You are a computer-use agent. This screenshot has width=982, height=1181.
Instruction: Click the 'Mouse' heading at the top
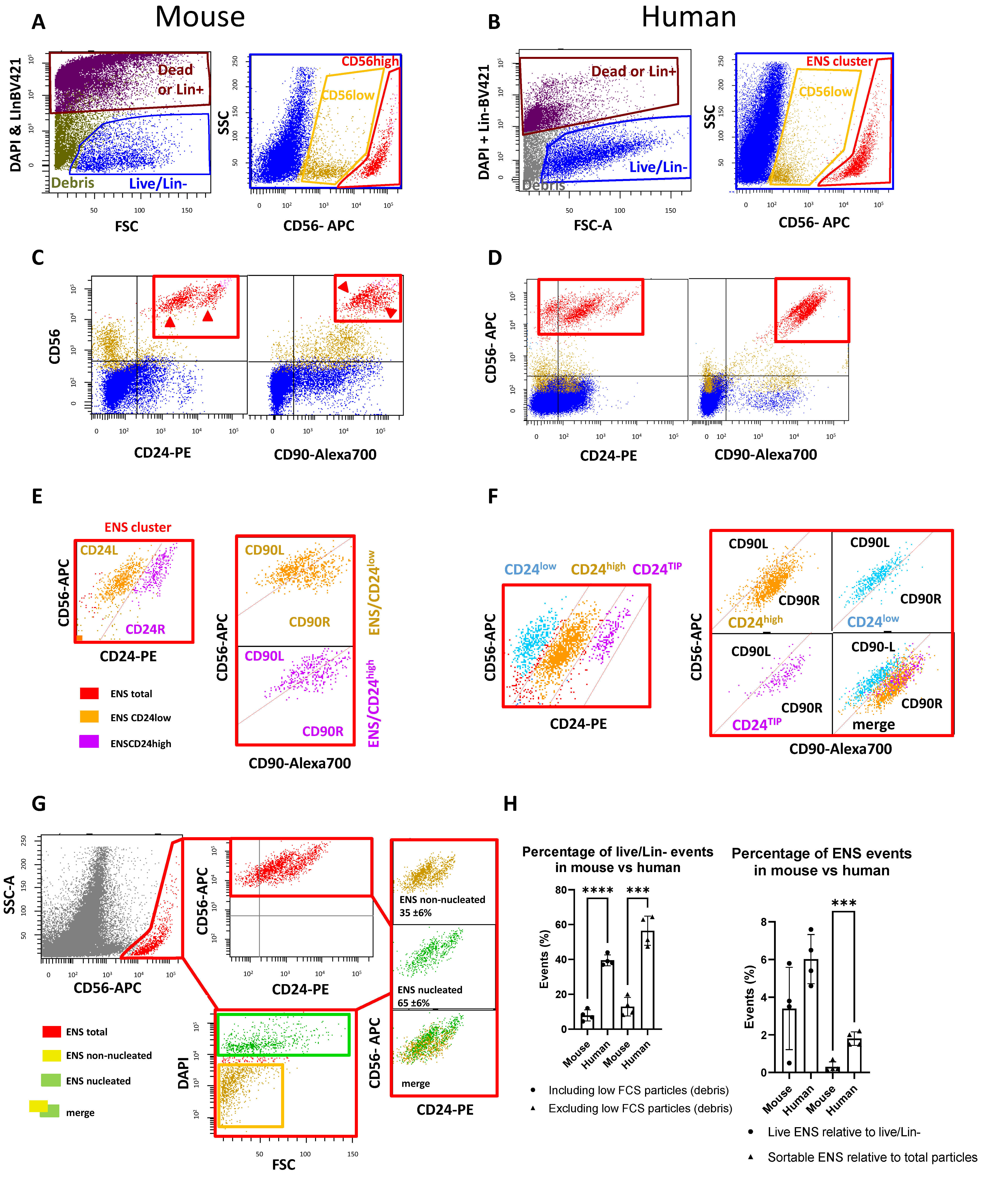200,17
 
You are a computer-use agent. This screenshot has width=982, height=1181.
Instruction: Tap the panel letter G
38,804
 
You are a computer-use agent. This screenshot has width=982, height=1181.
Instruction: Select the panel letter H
510,804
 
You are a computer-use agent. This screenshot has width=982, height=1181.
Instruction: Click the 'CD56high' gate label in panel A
370,61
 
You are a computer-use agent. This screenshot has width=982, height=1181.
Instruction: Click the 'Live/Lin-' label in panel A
158,184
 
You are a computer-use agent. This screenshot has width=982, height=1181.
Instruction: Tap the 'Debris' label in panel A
73,183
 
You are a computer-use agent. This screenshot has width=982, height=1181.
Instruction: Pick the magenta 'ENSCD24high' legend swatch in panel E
89,742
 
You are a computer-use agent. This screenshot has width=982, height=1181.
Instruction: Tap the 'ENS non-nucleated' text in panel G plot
442,900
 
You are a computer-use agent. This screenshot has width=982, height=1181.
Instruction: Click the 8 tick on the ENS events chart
764,922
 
